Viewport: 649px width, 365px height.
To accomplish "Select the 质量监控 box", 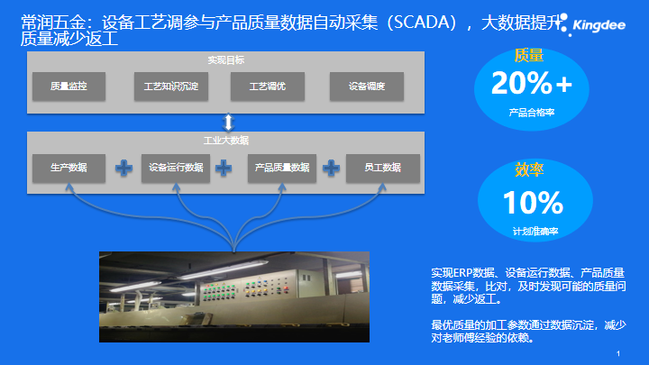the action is click(69, 87).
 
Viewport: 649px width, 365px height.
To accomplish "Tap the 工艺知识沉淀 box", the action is click(171, 87).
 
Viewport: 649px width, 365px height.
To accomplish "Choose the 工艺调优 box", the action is click(268, 87).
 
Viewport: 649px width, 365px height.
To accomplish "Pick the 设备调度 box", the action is click(367, 87).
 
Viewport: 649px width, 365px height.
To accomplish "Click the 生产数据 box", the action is click(69, 168).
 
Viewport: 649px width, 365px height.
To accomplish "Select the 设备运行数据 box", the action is click(176, 168).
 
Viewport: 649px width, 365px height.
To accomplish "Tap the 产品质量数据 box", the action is click(282, 168).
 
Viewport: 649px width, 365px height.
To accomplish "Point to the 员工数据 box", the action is click(383, 168).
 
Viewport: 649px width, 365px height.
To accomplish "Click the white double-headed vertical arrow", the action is click(228, 123).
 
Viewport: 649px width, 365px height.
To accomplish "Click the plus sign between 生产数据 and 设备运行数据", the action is click(123, 168).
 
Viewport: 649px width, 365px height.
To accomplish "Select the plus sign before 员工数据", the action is click(331, 168).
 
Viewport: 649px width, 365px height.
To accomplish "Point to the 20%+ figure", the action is click(532, 83).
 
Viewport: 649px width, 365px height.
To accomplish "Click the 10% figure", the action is click(533, 203).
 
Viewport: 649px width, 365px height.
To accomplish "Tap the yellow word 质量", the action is click(528, 56).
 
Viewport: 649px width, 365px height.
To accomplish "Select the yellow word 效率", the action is click(529, 169).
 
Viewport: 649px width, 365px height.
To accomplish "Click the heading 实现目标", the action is click(226, 60).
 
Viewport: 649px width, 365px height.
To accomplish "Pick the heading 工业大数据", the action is click(226, 141).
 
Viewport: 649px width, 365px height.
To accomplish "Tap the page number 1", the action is click(618, 354).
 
